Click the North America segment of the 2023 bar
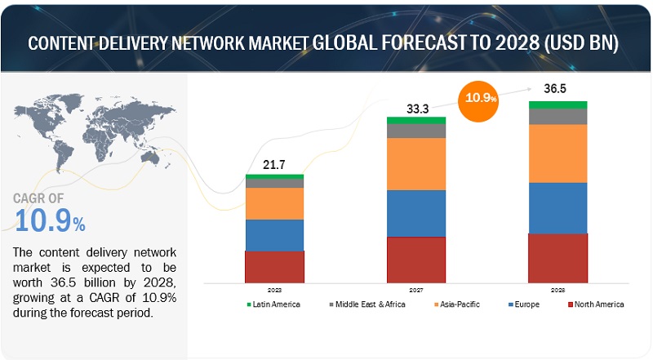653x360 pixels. pos(274,266)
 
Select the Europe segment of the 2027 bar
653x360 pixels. pos(416,213)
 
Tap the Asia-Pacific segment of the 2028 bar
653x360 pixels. pos(557,153)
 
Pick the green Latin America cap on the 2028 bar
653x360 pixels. pos(557,104)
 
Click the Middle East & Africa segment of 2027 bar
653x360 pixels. pos(416,131)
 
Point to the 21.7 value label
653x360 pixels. pos(273,166)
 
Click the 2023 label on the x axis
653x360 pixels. pos(274,288)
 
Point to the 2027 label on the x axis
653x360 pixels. pos(416,288)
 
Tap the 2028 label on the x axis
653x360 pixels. pos(557,288)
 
